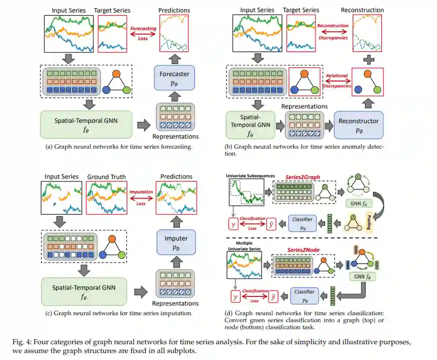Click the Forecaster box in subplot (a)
(174, 78)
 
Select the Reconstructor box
(359, 125)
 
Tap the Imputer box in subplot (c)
(176, 242)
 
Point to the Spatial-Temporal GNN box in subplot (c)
(84, 291)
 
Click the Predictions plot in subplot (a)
(175, 34)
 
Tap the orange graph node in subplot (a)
(117, 75)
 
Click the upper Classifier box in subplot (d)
(303, 223)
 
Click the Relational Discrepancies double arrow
(336, 81)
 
